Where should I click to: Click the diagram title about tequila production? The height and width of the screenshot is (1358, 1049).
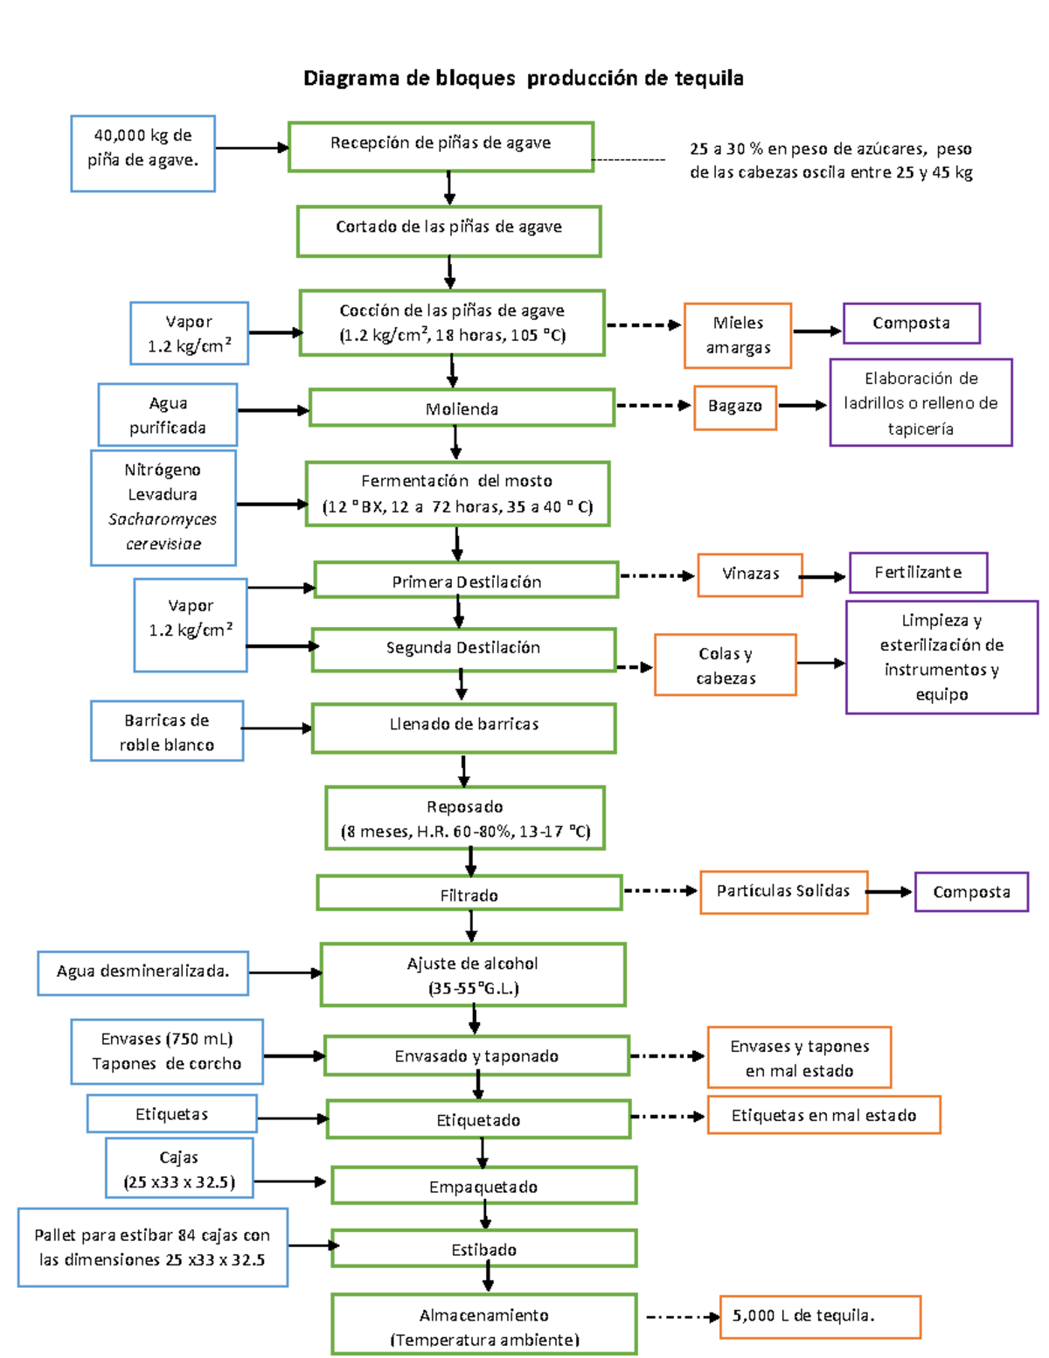523,79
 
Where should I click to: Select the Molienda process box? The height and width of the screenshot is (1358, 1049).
462,408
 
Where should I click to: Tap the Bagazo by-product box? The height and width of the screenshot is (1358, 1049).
735,407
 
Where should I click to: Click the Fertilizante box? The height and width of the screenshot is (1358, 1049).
918,573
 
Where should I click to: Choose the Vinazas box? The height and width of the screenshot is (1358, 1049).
750,575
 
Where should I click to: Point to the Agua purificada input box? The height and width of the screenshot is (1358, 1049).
167,414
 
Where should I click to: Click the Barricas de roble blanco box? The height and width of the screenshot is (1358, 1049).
166,731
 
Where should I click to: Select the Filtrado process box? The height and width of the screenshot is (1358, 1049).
469,894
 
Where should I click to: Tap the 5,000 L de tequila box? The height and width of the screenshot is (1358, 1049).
820,1316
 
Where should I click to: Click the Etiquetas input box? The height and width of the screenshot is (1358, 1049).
171,1114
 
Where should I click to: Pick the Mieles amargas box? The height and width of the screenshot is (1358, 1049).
738,335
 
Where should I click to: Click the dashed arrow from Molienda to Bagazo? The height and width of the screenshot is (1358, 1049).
652,406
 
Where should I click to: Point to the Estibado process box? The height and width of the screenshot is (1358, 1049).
483,1249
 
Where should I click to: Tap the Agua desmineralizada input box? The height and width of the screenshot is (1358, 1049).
142,972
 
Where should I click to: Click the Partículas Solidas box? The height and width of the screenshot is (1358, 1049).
783,892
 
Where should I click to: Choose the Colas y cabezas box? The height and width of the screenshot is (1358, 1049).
725,665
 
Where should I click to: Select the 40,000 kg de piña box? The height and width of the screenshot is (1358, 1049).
142,153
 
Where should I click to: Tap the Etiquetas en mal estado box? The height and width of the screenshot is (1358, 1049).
823,1115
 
